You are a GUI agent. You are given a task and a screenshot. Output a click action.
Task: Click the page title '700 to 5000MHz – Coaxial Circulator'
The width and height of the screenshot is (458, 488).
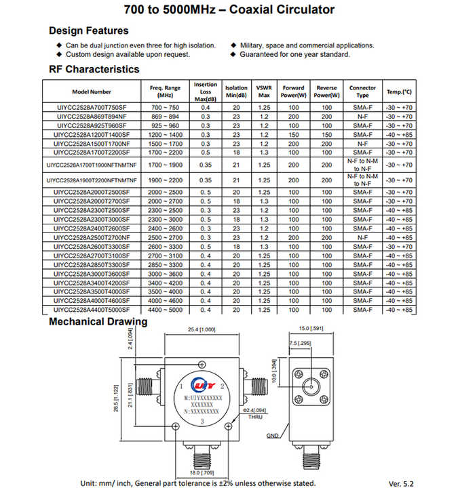[229, 10]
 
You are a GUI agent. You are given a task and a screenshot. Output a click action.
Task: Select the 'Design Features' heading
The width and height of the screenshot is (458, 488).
[88, 30]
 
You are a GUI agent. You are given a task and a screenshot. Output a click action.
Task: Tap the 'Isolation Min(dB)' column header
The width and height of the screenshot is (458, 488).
[237, 91]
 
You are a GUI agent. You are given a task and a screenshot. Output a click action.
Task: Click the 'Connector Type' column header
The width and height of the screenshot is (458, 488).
[362, 91]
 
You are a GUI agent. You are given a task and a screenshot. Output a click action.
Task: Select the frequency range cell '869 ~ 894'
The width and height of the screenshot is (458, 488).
[165, 117]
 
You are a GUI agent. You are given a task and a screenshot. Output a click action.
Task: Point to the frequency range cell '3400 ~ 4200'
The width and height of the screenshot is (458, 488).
[165, 283]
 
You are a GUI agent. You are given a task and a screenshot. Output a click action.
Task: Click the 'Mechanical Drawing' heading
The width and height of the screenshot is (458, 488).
[98, 321]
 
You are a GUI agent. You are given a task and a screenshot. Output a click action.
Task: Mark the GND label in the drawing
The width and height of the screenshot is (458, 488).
[272, 434]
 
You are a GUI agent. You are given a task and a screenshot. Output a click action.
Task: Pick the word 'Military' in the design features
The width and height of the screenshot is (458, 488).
[254, 45]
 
